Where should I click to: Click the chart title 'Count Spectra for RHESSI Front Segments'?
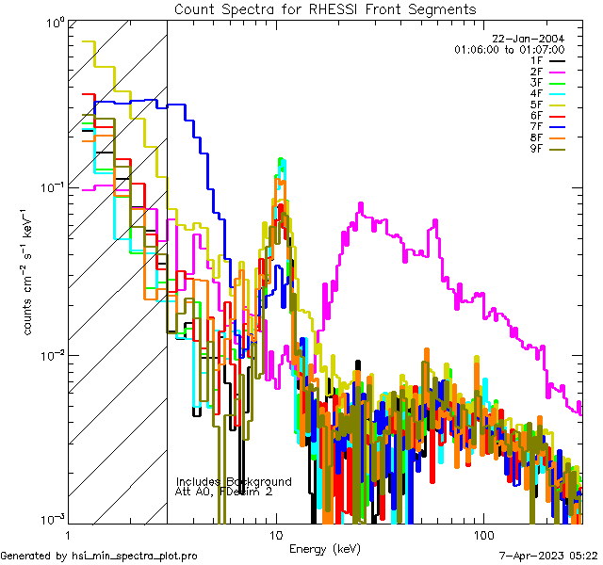[326, 8]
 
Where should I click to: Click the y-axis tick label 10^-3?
[51, 520]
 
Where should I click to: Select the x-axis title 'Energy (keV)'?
[326, 549]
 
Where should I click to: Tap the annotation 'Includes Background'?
[234, 481]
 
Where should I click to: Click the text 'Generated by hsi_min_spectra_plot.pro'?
[99, 556]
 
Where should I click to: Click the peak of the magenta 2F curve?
[360, 203]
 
